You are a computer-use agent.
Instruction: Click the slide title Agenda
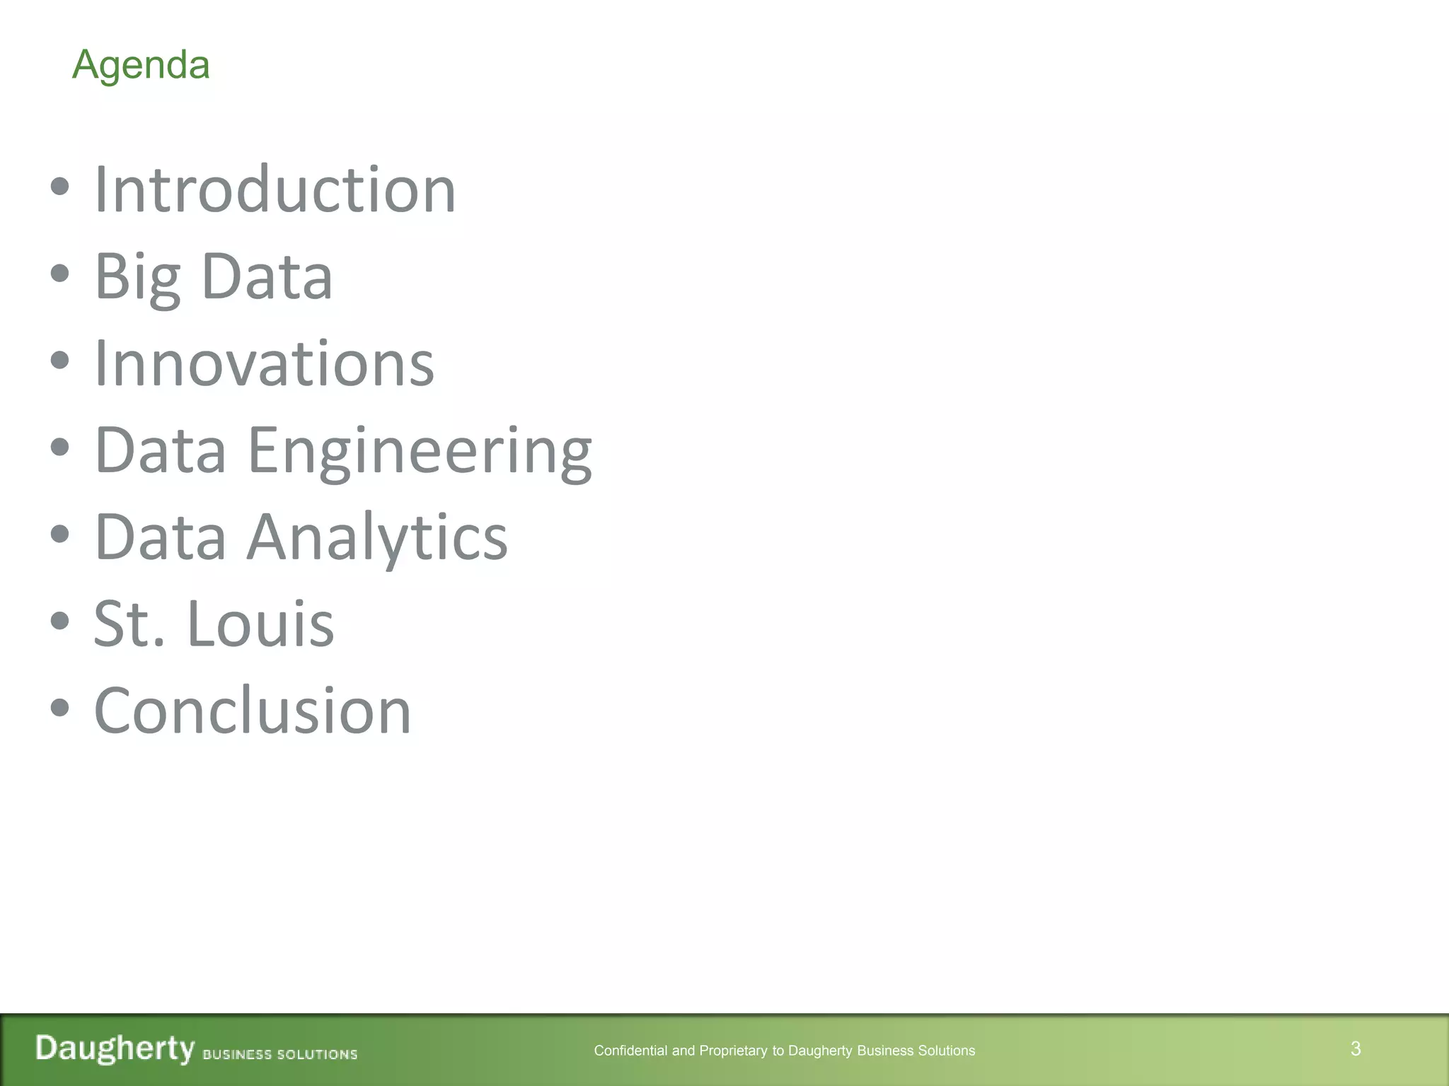point(141,65)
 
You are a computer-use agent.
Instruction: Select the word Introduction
point(275,189)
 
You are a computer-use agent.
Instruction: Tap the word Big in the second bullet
point(138,276)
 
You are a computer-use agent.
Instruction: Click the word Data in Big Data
point(267,276)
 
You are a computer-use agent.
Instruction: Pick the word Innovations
point(264,363)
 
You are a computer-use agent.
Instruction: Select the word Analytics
point(377,537)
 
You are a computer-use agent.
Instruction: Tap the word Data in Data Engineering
point(161,450)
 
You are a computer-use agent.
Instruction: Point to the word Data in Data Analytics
point(161,537)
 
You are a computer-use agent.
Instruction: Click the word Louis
point(260,624)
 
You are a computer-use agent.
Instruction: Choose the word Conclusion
point(253,711)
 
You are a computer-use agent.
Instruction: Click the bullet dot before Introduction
point(60,187)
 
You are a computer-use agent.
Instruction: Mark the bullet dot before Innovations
point(60,361)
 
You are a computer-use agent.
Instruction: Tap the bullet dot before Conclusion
point(60,708)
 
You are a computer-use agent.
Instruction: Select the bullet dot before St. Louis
point(60,621)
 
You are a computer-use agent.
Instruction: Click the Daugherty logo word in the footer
point(115,1048)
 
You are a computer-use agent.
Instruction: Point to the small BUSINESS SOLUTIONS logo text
point(280,1054)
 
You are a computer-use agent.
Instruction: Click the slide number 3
point(1356,1049)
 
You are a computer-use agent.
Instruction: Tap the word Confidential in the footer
point(630,1051)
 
